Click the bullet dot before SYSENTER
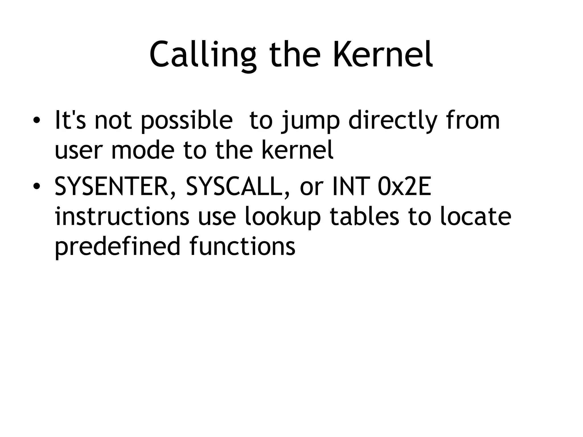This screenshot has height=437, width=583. [x=36, y=186]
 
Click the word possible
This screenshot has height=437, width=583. [x=187, y=121]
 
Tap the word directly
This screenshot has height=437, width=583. [x=393, y=121]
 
